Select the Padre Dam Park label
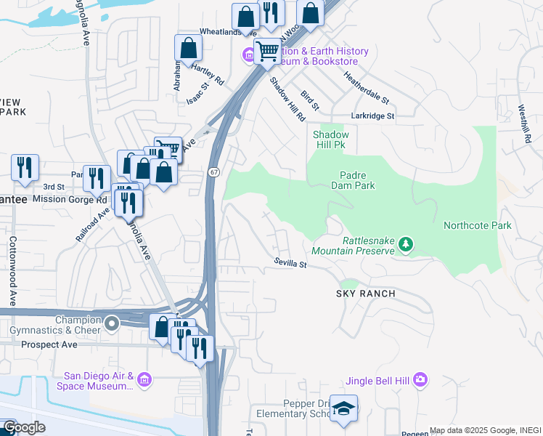tap(357, 180)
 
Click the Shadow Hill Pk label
tap(330, 140)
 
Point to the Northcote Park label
tap(477, 225)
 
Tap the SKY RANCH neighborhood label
tap(365, 294)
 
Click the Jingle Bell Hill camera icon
tap(420, 379)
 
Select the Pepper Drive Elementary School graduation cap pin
tap(343, 407)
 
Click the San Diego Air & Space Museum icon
tap(144, 379)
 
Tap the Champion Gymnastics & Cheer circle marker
tap(111, 323)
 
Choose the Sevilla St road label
tap(290, 263)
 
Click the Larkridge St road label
tap(372, 116)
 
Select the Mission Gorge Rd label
tap(70, 199)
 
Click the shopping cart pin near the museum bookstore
tap(267, 51)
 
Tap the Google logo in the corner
tap(24, 427)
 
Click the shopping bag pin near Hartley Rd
tap(188, 48)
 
